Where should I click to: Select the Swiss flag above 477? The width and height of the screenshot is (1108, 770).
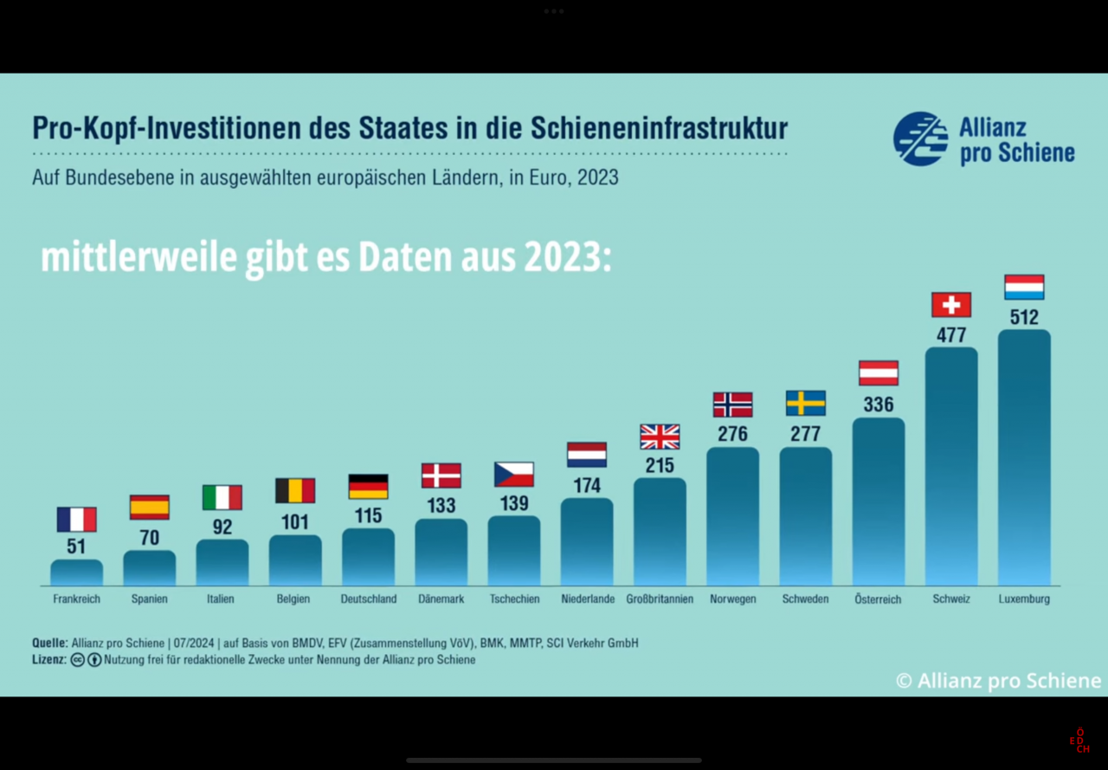(x=951, y=305)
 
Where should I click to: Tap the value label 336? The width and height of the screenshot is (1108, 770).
(x=879, y=404)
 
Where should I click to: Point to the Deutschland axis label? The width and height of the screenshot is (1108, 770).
(x=369, y=599)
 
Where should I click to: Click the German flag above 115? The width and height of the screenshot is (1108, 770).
(x=369, y=487)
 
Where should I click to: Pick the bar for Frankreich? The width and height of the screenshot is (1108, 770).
(x=76, y=573)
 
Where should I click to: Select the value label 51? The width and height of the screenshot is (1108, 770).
(x=76, y=547)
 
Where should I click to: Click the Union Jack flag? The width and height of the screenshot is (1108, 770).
(x=660, y=437)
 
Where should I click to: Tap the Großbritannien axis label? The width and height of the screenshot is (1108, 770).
(x=660, y=599)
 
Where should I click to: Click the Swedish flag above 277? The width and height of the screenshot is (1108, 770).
(x=806, y=403)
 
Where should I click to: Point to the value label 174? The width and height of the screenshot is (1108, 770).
(x=587, y=485)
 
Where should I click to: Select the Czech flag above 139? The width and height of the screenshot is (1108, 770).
(x=514, y=475)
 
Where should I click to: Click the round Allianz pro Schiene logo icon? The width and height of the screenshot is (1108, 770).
(x=920, y=139)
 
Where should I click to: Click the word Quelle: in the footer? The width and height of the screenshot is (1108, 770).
(x=50, y=643)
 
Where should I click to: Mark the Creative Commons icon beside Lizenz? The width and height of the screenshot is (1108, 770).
(x=78, y=660)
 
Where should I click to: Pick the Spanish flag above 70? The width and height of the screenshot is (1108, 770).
(x=150, y=507)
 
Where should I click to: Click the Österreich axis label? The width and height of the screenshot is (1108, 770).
(x=878, y=599)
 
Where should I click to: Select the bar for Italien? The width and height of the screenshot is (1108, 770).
(x=222, y=562)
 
